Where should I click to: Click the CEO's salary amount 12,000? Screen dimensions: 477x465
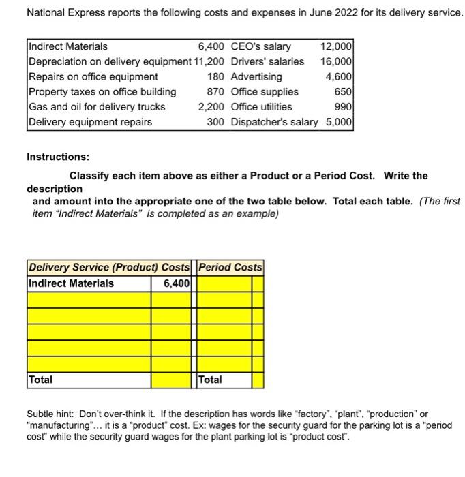337,46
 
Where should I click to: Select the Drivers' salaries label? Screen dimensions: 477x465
268,61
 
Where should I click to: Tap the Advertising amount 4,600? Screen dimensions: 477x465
339,76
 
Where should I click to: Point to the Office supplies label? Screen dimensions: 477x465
265,91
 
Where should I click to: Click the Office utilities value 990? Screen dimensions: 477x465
344,106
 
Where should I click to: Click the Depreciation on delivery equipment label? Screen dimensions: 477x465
110,61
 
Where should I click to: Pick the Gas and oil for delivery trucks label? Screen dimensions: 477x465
96,106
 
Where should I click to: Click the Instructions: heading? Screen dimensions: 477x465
58,157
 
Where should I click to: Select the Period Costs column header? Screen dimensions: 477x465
230,267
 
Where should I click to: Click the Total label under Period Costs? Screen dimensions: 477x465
210,379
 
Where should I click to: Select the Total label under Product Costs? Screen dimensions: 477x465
40,379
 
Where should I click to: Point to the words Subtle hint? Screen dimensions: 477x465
51,413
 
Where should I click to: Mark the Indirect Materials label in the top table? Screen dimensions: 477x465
67,46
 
